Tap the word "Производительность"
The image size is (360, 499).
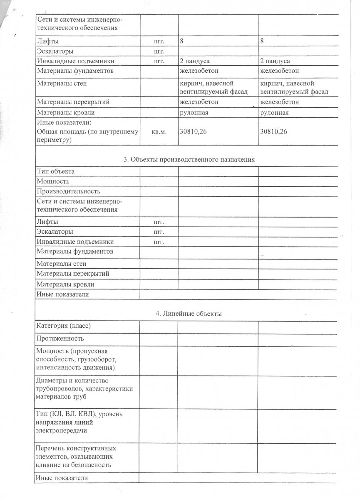(x=68, y=192)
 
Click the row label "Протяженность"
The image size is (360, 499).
(x=60, y=338)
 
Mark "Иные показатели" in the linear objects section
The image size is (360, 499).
(x=62, y=479)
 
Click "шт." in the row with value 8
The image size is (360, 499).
(x=159, y=42)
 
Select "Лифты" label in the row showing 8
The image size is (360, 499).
(x=47, y=42)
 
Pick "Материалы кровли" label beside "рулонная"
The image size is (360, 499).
(x=65, y=112)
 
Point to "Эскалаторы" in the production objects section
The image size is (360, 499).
(x=55, y=231)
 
